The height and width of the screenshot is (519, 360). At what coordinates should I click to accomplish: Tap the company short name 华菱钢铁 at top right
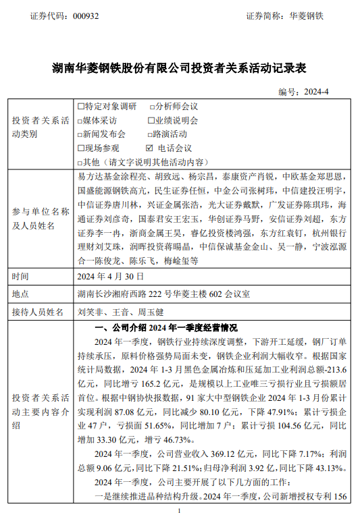(307, 15)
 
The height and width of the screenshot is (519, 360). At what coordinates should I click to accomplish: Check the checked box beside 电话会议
(149, 147)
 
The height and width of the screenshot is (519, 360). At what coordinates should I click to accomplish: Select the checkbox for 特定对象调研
(81, 107)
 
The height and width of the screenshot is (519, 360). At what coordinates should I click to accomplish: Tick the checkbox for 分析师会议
(151, 107)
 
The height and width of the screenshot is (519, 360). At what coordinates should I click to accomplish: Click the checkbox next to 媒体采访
(81, 120)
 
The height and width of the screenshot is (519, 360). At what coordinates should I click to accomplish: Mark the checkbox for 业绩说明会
(151, 120)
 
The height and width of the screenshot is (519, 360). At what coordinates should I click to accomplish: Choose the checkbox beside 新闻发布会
(81, 134)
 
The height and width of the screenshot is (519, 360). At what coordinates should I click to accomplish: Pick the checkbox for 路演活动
(151, 134)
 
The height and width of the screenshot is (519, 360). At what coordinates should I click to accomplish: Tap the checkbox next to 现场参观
(81, 147)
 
